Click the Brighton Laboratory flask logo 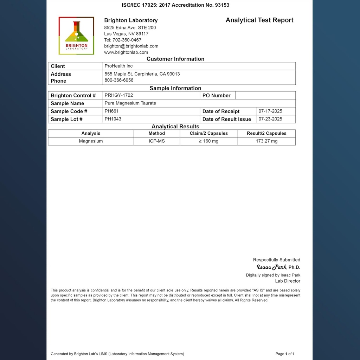tap(76, 36)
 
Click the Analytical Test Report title tap(259, 20)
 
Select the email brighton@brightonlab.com tap(131, 46)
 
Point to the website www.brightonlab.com tap(126, 52)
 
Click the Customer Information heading tap(175, 59)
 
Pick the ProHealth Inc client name tap(118, 66)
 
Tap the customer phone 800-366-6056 tap(119, 80)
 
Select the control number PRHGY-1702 tap(118, 95)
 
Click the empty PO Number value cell tap(265, 95)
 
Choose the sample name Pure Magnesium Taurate tap(130, 103)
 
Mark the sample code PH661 tap(112, 111)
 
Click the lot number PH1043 tap(113, 119)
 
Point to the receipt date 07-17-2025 tap(270, 111)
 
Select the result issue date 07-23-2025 tap(270, 119)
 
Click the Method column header tap(156, 133)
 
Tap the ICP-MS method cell tap(156, 141)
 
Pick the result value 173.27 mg tap(266, 141)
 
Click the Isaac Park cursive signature tap(271, 267)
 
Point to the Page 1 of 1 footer tap(285, 354)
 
